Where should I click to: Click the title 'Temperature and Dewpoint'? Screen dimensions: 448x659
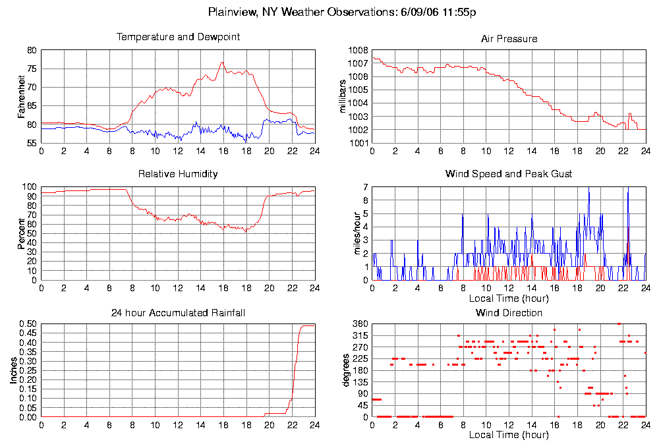click(178, 37)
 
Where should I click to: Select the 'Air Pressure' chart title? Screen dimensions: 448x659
click(509, 39)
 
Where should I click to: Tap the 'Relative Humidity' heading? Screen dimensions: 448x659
click(178, 174)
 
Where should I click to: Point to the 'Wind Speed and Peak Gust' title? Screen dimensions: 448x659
click(509, 174)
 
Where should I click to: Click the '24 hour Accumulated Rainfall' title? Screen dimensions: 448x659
click(178, 312)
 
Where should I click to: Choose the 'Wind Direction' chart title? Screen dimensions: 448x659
click(509, 312)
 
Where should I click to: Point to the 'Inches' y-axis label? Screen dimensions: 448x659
click(13, 371)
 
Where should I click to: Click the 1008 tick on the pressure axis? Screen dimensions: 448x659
click(357, 50)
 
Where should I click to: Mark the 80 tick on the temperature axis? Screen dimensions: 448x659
click(32, 50)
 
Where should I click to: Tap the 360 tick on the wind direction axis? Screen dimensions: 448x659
click(360, 324)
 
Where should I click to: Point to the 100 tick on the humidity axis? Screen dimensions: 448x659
click(30, 186)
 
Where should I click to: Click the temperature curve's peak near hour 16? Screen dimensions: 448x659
click(222, 62)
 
